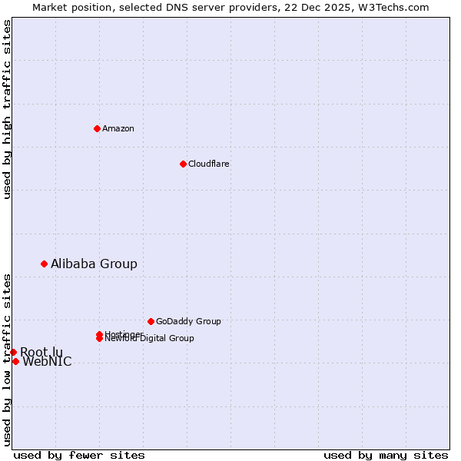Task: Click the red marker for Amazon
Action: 97,128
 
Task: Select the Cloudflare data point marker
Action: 183,164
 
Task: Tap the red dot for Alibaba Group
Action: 44,264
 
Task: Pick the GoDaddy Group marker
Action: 151,321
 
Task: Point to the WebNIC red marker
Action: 15,361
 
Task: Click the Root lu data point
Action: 13,352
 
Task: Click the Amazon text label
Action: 118,128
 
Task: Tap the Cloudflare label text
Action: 208,164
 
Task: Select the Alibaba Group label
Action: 94,264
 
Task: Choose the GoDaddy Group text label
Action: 188,321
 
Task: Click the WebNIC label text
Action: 47,362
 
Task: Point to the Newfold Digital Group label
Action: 150,339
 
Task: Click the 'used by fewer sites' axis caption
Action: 79,455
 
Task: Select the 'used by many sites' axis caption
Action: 386,455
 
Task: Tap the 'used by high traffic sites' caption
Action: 7,109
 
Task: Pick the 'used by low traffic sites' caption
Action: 7,359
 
